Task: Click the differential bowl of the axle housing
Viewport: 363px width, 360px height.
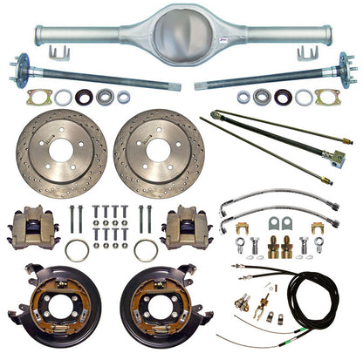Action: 181,33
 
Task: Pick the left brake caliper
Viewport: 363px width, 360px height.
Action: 33,228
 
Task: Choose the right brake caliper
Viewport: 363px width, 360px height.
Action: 188,226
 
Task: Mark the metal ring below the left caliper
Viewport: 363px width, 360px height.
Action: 78,250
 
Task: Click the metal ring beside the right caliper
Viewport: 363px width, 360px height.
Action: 145,250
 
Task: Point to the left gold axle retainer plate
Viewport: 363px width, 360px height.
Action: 39,97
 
